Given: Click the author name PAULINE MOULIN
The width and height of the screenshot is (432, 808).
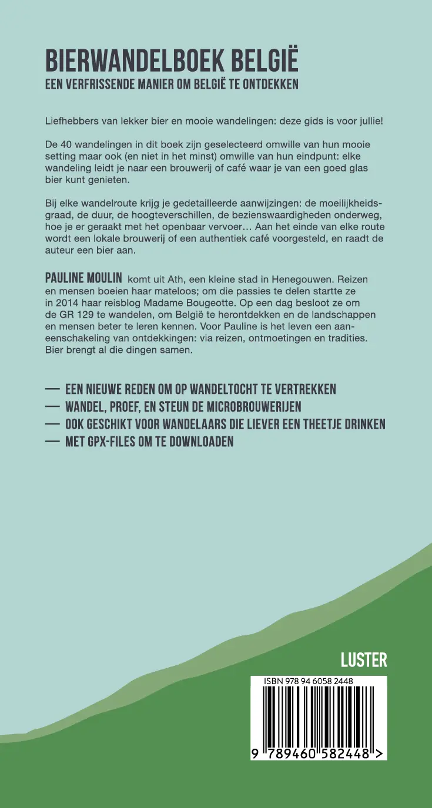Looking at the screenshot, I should coord(83,278).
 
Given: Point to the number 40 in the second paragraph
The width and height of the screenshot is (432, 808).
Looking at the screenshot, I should coord(68,144).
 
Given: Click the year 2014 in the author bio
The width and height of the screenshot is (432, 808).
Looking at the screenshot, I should coord(67,303).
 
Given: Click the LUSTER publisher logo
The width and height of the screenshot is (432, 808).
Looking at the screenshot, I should coord(364,660).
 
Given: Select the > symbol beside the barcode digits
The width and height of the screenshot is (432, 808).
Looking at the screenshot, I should coord(381,754).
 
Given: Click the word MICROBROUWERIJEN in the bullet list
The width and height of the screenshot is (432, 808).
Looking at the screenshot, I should coord(252,406).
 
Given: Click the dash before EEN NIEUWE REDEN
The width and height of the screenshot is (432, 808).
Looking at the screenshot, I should coord(53,389).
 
